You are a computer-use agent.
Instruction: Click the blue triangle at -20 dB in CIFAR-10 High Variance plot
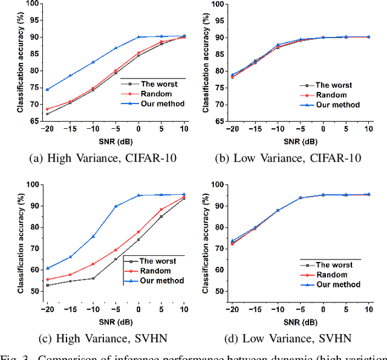pos(47,90)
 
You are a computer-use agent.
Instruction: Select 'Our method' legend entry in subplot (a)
pos(160,103)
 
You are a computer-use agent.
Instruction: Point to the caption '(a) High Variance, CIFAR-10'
pos(106,159)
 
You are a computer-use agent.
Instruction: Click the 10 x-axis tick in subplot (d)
pos(369,310)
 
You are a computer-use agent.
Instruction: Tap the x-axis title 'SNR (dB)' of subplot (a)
pos(115,142)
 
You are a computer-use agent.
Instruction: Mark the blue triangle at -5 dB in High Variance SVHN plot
pos(115,206)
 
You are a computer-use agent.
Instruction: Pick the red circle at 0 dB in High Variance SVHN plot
pos(138,232)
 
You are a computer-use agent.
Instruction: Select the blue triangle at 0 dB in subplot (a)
pos(138,37)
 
